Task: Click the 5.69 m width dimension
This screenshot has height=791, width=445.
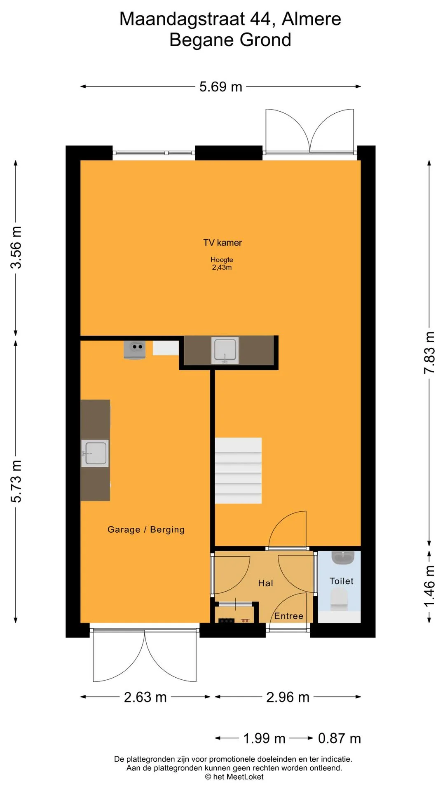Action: [x=221, y=87]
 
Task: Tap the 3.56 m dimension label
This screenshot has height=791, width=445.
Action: [x=16, y=247]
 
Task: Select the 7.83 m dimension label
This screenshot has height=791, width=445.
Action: [x=429, y=353]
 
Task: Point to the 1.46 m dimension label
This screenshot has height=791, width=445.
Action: [x=429, y=586]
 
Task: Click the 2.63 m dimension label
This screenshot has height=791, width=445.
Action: [x=145, y=697]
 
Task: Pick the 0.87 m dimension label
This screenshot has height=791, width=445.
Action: [x=340, y=738]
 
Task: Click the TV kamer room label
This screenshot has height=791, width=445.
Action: [x=222, y=243]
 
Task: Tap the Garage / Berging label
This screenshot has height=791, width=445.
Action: [x=146, y=529]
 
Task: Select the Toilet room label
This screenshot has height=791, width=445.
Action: [x=342, y=581]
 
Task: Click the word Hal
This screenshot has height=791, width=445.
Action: [x=266, y=583]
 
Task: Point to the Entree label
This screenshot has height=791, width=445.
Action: [x=289, y=616]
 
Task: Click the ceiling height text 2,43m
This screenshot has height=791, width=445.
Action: [x=222, y=267]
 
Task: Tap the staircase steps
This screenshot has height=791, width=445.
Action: [x=238, y=470]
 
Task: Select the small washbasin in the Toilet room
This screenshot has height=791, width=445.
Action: [x=343, y=557]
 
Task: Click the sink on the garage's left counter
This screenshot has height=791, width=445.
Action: [x=95, y=453]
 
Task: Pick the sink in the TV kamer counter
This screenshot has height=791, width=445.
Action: [x=225, y=351]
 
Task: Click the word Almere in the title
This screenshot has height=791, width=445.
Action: [x=311, y=19]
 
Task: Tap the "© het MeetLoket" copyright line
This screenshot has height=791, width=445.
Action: [x=234, y=777]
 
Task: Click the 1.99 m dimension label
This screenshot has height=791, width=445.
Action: [x=264, y=738]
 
